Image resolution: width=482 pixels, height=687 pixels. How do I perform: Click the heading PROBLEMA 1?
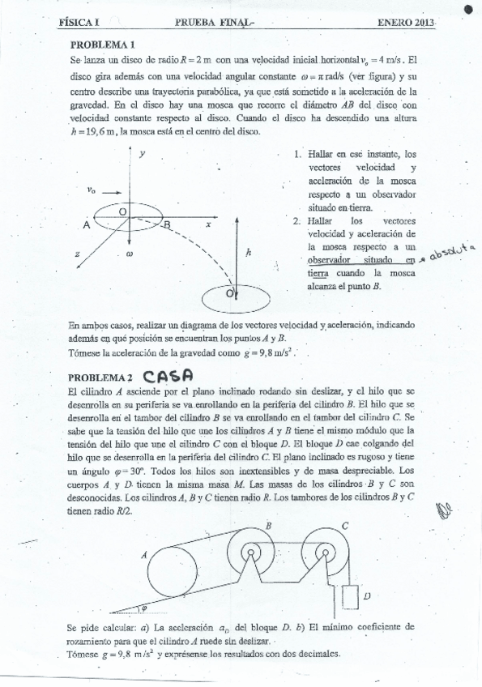coord(102,45)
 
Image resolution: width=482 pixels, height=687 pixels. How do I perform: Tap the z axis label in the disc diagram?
coord(77,254)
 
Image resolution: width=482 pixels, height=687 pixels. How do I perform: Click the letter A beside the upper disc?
coord(86,226)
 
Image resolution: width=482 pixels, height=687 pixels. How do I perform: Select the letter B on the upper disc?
coord(167,226)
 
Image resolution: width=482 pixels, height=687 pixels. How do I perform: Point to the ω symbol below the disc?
coord(129,254)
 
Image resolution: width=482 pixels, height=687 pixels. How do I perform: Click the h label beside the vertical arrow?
coord(249,253)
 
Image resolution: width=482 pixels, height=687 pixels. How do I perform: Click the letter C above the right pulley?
coord(344,525)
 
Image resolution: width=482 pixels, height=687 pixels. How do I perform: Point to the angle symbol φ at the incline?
coord(144,605)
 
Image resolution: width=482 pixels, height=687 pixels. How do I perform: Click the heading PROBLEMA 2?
coord(100,378)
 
